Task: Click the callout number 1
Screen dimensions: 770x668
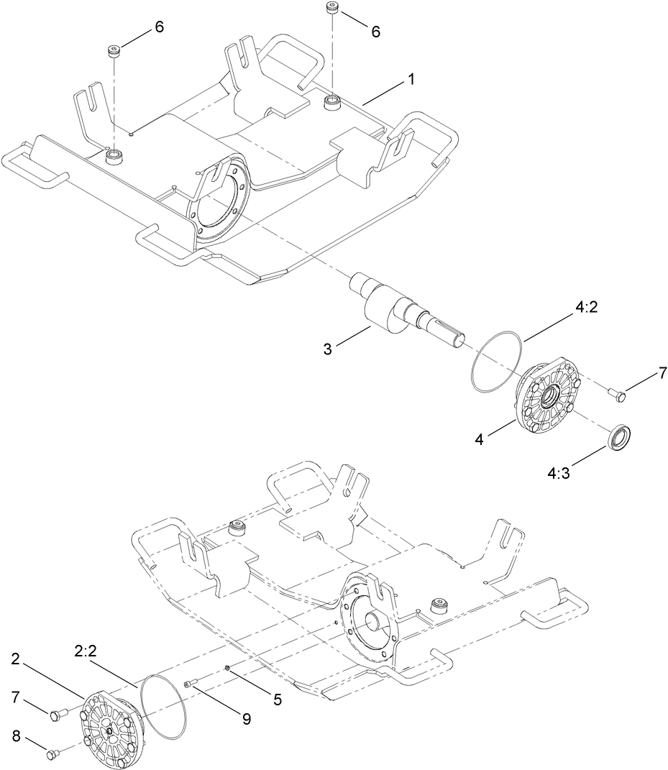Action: click(411, 80)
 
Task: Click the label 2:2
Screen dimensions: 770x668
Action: click(86, 651)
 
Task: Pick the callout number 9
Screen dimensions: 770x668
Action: click(246, 718)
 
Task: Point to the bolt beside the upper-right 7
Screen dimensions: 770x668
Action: click(616, 393)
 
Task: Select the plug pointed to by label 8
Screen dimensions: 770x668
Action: click(51, 754)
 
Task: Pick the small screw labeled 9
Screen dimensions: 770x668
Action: click(191, 684)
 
